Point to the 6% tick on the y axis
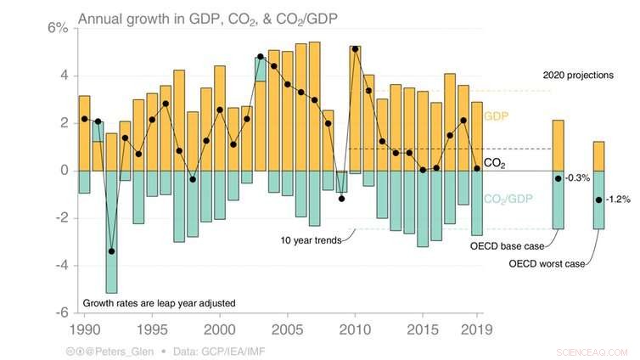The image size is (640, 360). pyautogui.click(x=57, y=27)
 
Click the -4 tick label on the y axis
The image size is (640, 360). pyautogui.click(x=59, y=265)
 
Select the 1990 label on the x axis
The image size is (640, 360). pyautogui.click(x=84, y=328)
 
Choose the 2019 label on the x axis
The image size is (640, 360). pyautogui.click(x=477, y=328)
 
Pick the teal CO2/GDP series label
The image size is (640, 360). pyautogui.click(x=509, y=199)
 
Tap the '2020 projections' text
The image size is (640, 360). pyautogui.click(x=577, y=75)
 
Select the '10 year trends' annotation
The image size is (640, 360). pyautogui.click(x=311, y=240)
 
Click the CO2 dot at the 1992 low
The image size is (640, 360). pyautogui.click(x=111, y=251)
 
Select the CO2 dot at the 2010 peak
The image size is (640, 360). pyautogui.click(x=355, y=49)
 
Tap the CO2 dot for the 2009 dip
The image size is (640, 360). pyautogui.click(x=341, y=199)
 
